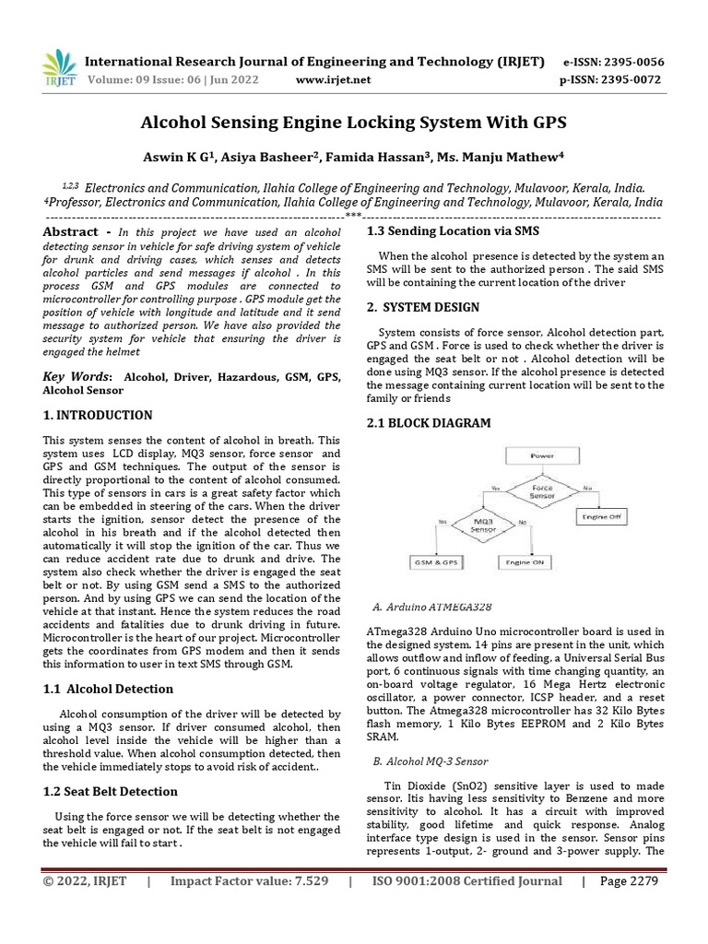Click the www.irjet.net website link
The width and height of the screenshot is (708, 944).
click(x=333, y=80)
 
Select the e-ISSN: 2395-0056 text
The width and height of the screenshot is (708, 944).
click(x=612, y=63)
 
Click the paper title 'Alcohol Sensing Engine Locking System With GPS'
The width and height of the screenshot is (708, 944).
click(x=353, y=123)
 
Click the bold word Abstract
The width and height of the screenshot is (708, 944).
click(x=71, y=232)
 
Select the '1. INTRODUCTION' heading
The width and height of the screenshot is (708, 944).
click(x=98, y=416)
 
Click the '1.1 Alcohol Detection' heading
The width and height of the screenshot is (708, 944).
click(x=108, y=689)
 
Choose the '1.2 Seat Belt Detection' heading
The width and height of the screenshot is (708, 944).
click(x=111, y=791)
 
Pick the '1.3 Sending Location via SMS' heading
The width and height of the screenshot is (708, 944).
click(x=454, y=230)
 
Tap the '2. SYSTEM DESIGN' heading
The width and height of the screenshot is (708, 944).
click(x=424, y=307)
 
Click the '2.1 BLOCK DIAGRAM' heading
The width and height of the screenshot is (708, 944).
click(x=429, y=423)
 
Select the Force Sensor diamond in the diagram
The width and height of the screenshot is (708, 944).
click(x=542, y=492)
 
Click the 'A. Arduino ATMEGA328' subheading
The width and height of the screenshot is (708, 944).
click(x=431, y=608)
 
